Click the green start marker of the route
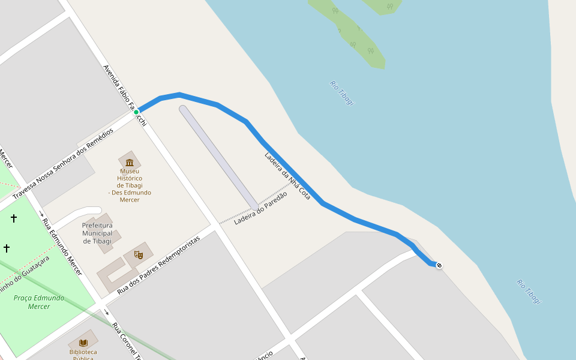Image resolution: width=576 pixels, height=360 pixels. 136,112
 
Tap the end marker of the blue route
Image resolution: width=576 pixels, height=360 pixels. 439,265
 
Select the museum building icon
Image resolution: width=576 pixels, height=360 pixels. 130,161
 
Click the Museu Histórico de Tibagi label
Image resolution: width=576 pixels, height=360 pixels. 130,185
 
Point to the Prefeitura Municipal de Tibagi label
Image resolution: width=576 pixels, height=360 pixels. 97,233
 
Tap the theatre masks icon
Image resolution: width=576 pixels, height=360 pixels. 139,255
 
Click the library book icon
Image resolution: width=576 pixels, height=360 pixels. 83,342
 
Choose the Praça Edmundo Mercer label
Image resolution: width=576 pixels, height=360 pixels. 39,302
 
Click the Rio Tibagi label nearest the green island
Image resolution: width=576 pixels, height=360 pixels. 342,93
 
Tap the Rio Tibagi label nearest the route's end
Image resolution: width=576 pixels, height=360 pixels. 529,291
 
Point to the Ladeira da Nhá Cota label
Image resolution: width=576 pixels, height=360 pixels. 287,176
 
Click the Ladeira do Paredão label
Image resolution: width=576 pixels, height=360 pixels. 260,208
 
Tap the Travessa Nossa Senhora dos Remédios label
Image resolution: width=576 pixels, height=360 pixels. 63,163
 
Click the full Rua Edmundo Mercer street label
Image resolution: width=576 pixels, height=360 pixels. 62,247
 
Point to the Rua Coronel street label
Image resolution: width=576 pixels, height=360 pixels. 127,341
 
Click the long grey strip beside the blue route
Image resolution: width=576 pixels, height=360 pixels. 219,158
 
